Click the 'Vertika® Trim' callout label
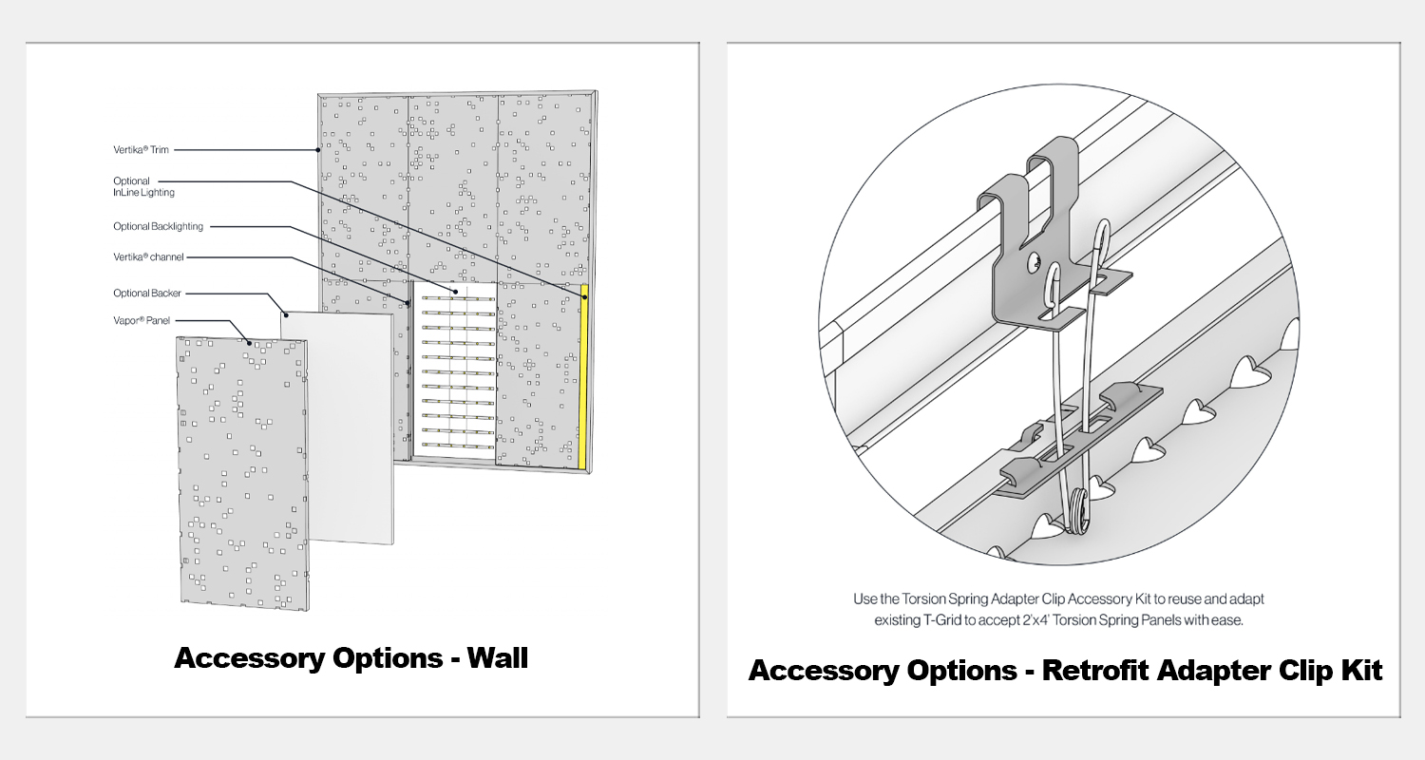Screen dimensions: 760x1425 coord(142,149)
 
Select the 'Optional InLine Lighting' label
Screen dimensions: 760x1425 coord(143,186)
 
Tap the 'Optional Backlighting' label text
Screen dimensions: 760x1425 coord(158,226)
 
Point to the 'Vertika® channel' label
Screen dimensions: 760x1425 coord(148,256)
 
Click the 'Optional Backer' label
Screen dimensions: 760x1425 coord(146,294)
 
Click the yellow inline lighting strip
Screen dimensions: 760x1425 coord(583,380)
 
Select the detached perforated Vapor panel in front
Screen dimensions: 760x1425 coord(242,475)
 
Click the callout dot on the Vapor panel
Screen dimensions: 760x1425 coord(250,343)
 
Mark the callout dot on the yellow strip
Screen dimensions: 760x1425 coord(585,297)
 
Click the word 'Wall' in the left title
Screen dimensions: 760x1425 coord(498,657)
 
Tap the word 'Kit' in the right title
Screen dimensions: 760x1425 coord(1360,670)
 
